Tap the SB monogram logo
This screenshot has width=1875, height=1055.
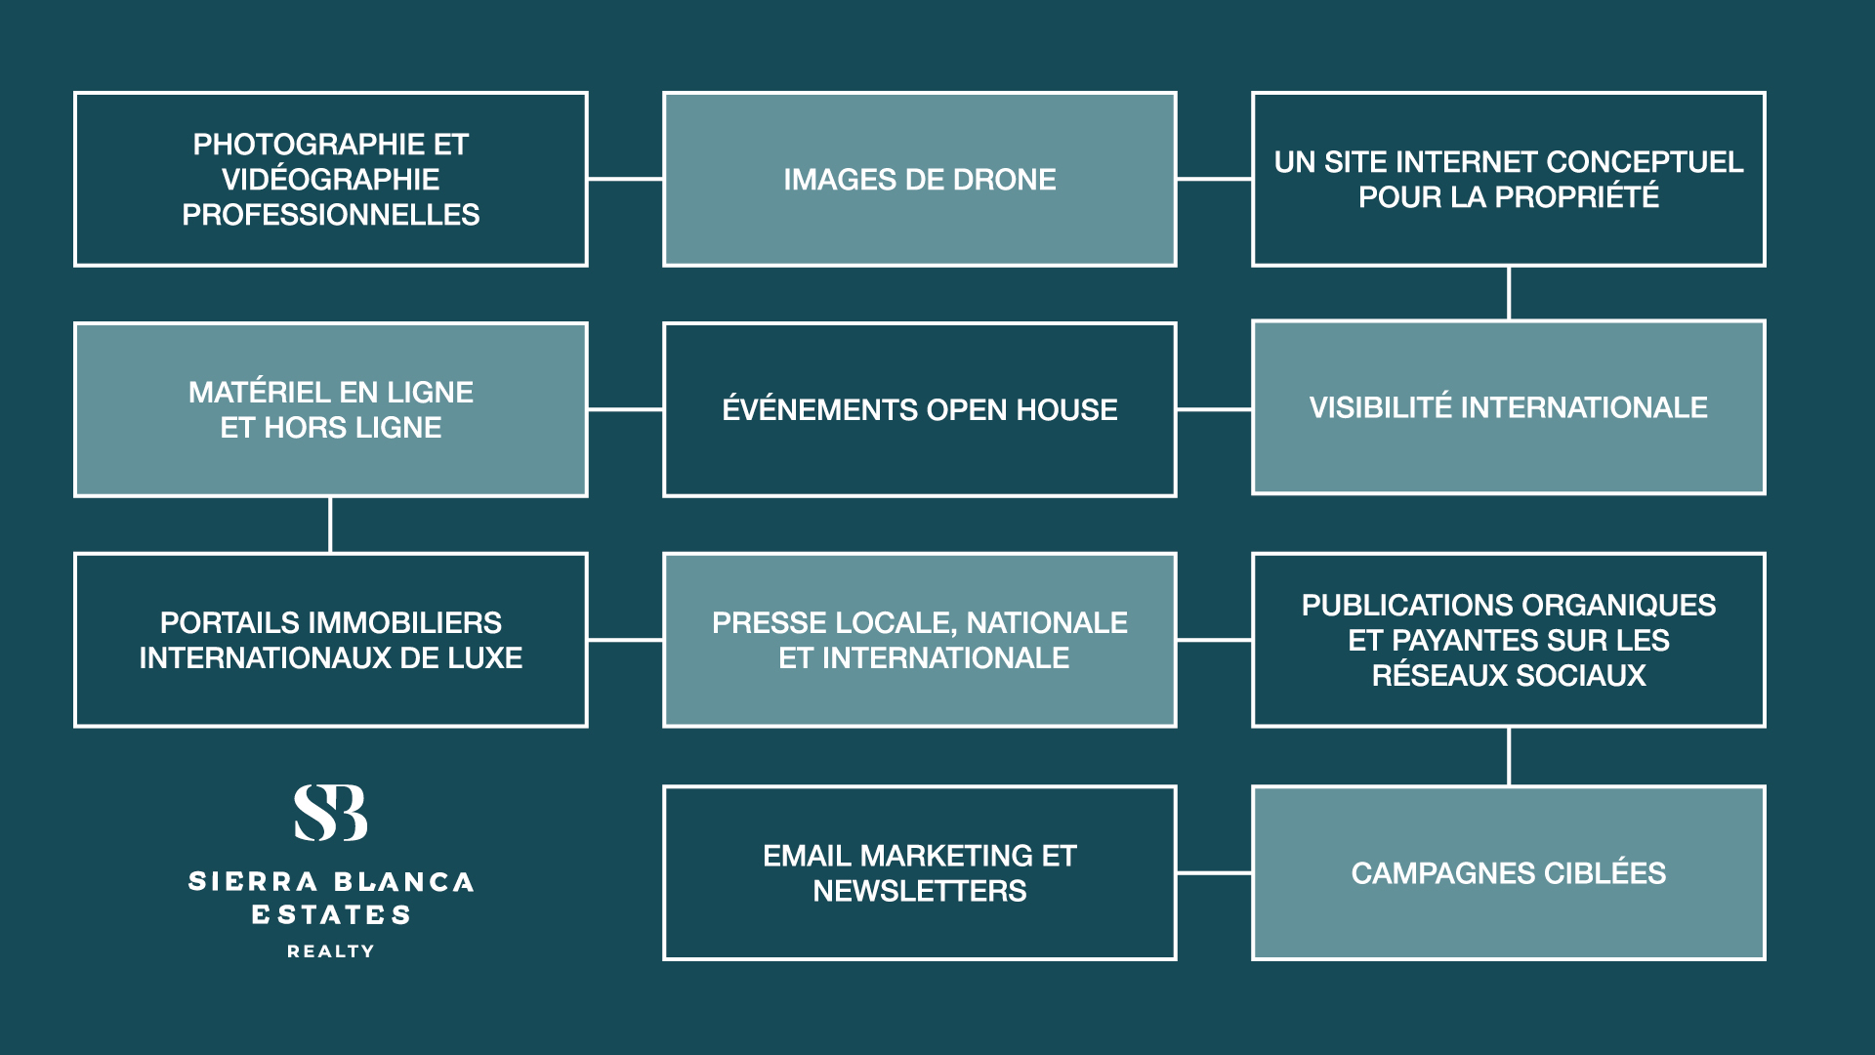[x=331, y=813]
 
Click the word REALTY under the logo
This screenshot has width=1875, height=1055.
[x=331, y=951]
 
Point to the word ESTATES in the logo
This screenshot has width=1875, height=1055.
[x=331, y=915]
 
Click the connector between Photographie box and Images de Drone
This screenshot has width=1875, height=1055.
[x=625, y=179]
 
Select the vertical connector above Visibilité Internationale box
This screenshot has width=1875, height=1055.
[x=1509, y=293]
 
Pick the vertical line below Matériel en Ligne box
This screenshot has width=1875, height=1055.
[x=330, y=526]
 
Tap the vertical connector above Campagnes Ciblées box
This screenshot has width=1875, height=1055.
[x=1509, y=756]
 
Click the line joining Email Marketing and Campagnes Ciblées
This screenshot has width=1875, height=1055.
[x=1214, y=872]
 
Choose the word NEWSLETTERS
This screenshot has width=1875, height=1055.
[x=920, y=891]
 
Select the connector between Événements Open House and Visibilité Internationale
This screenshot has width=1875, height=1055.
[x=1214, y=409]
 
